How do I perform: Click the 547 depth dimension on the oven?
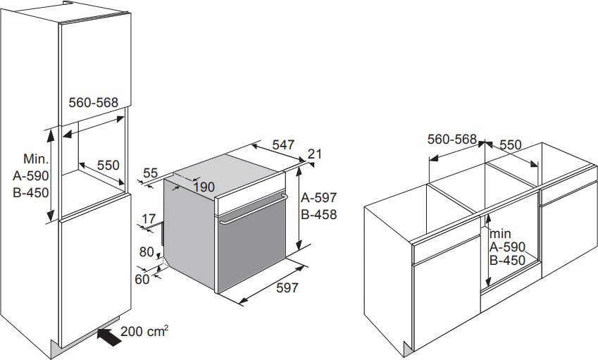(x=283, y=145)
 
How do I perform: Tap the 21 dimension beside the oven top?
(x=315, y=154)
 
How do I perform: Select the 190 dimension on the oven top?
(x=204, y=187)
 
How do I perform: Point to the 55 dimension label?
(x=150, y=173)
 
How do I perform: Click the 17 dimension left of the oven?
(x=149, y=219)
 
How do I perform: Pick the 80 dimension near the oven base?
(x=147, y=252)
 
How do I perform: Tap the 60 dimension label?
(x=142, y=280)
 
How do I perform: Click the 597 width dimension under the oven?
(x=287, y=288)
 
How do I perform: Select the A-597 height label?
(x=319, y=197)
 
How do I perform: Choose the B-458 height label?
(x=319, y=215)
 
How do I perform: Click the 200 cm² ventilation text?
(x=144, y=331)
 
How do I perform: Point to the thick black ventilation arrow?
(x=109, y=337)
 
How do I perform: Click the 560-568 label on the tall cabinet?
(x=94, y=102)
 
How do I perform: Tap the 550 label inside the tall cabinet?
(x=108, y=165)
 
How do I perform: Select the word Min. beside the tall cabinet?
(x=36, y=159)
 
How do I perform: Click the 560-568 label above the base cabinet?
(x=452, y=139)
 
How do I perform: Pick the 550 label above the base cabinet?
(x=510, y=145)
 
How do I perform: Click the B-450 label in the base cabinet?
(x=508, y=261)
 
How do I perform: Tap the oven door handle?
(x=253, y=210)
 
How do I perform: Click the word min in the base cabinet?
(x=500, y=233)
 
